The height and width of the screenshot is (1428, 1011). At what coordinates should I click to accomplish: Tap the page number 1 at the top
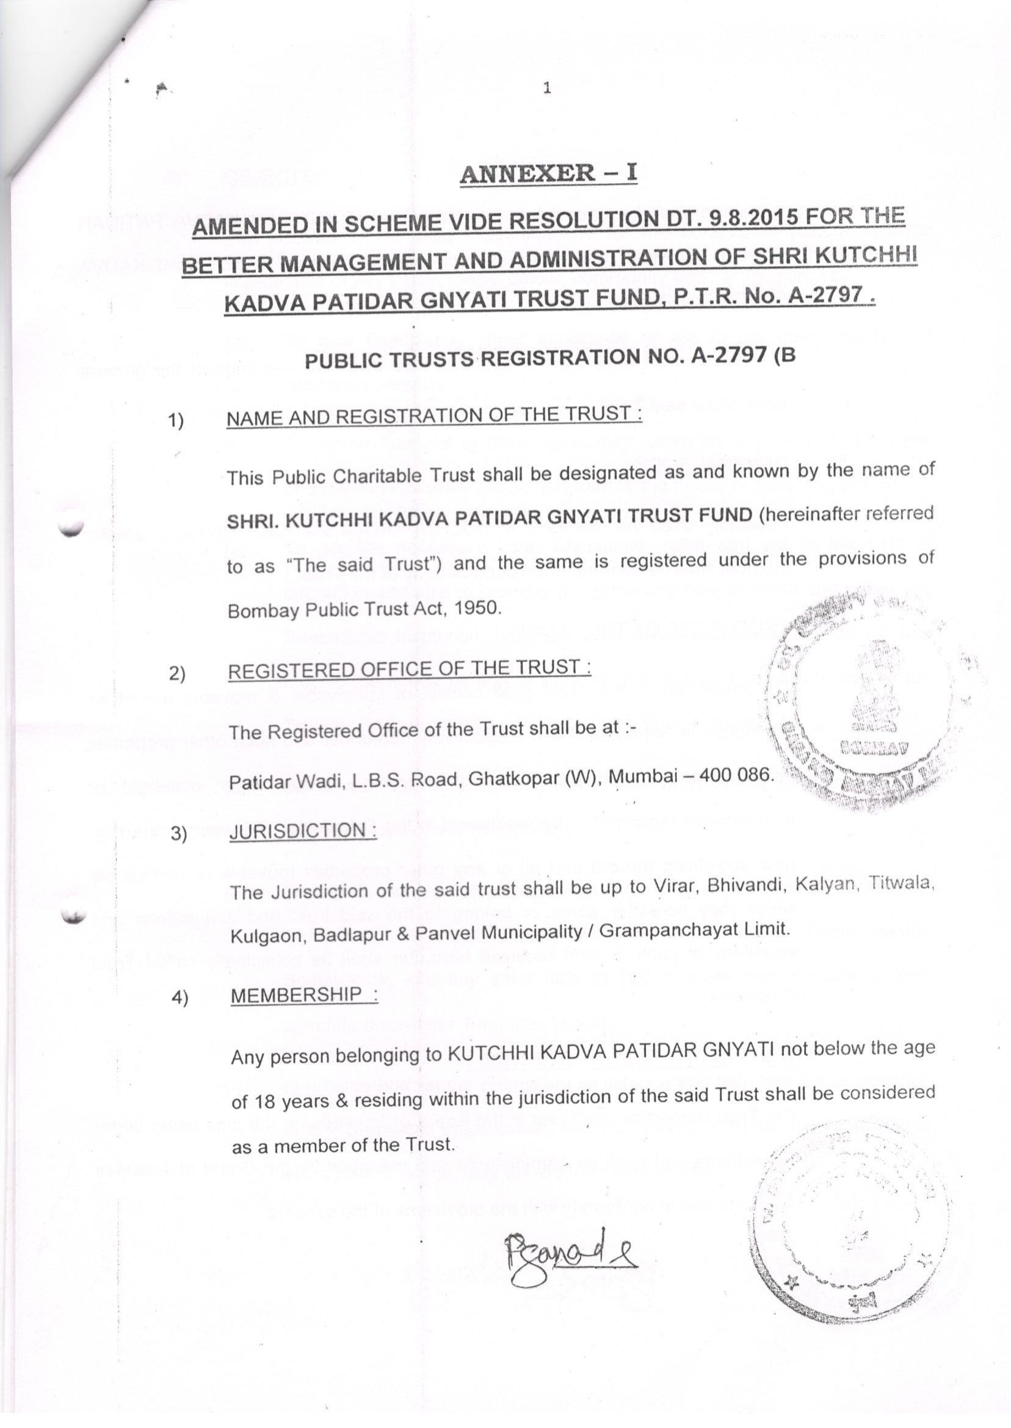pos(547,89)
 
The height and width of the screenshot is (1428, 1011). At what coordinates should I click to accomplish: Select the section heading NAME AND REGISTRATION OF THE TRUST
pos(433,415)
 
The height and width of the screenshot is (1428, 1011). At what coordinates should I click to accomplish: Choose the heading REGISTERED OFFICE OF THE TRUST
pos(409,669)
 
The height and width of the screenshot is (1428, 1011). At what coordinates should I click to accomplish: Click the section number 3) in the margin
pos(179,833)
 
